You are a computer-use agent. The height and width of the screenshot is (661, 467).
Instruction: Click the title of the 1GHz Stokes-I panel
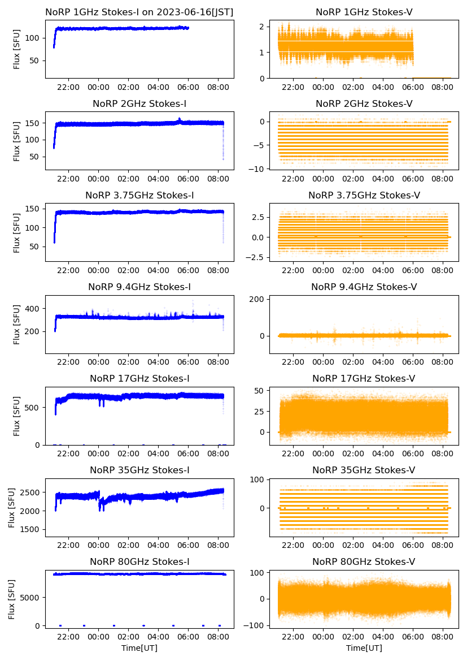139,12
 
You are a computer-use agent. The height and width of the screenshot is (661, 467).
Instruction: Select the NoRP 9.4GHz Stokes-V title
364,287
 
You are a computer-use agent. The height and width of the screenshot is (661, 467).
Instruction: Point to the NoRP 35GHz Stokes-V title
364,470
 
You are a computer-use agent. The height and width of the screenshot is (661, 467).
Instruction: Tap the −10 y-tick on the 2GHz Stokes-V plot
260,169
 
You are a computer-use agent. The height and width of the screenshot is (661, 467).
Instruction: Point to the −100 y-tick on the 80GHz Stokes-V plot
257,625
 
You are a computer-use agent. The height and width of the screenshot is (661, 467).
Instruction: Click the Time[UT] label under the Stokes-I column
139,648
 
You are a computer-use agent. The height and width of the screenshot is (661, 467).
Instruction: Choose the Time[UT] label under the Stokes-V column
364,648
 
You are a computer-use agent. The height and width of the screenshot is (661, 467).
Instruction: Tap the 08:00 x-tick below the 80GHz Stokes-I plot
219,637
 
